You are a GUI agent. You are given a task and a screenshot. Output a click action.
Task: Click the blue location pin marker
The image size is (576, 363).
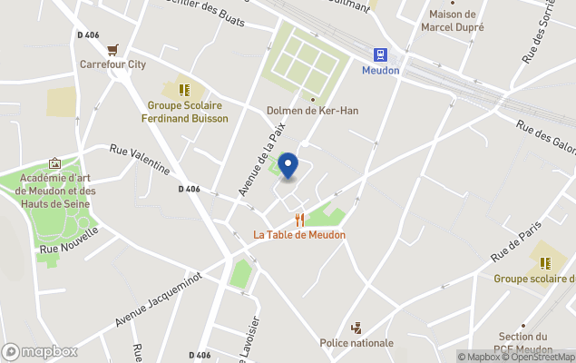tap(288, 166)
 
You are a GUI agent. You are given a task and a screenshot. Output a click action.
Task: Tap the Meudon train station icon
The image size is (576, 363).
tap(380, 54)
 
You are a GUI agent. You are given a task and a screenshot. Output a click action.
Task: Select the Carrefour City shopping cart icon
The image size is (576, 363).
tap(112, 50)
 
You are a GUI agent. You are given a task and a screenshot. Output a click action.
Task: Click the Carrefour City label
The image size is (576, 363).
tap(112, 64)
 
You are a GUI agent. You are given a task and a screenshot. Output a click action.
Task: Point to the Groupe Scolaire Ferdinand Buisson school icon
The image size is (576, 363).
tap(184, 91)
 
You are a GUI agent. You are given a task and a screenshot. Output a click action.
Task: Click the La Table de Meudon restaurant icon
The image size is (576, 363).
tap(299, 220)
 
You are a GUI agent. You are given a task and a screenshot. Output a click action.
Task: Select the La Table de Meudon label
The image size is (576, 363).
tap(299, 235)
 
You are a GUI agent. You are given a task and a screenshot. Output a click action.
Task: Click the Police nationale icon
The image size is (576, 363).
tap(356, 328)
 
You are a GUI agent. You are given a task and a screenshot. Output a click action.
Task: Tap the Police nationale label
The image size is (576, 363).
tap(356, 343)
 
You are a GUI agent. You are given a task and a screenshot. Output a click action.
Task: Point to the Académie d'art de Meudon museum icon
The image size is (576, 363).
tap(54, 163)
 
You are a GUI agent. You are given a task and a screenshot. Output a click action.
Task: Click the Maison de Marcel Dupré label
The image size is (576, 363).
tap(453, 21)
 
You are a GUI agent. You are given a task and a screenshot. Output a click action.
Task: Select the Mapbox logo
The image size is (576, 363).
tap(39, 352)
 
